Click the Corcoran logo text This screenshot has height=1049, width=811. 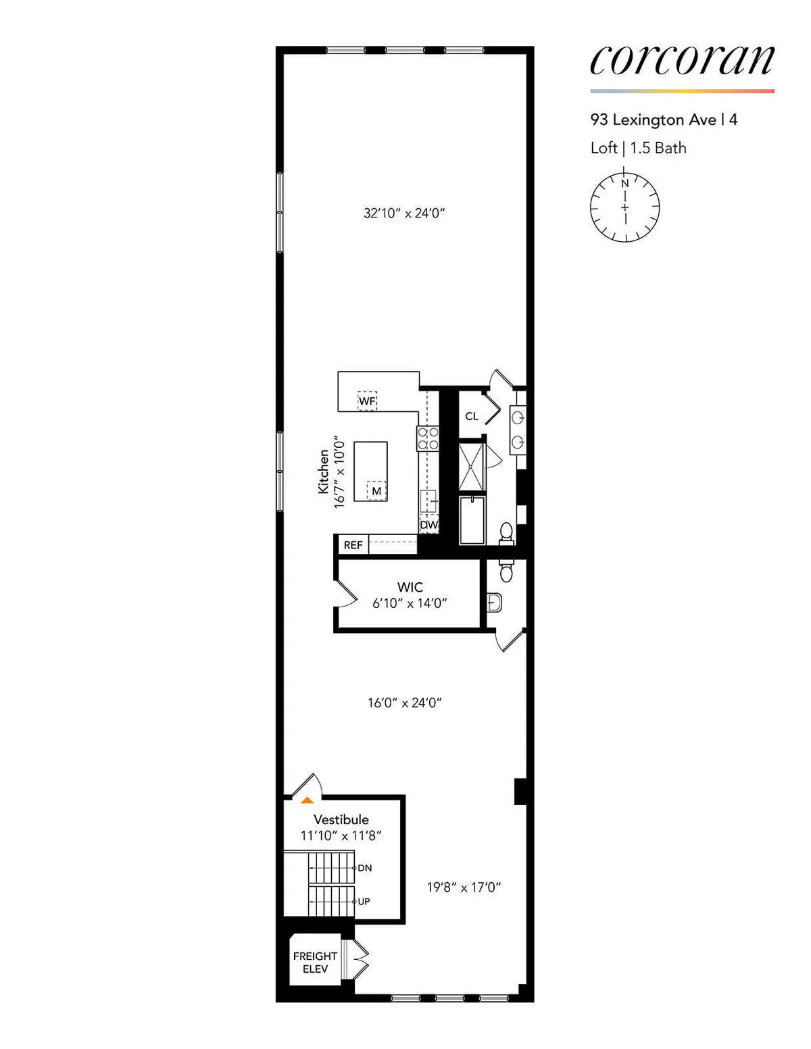[681, 61]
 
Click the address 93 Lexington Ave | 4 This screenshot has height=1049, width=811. [664, 120]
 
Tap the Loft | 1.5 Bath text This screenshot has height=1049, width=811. [638, 148]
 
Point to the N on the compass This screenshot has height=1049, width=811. [625, 183]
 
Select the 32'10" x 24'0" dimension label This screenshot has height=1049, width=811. [404, 213]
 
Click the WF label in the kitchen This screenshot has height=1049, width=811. [367, 401]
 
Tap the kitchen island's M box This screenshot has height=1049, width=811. [376, 491]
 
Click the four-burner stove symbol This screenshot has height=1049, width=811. [428, 439]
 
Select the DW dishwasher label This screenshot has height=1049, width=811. [428, 525]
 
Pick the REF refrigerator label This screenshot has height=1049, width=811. [353, 545]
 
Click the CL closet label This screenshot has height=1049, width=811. [472, 416]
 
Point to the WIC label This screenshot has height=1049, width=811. [410, 588]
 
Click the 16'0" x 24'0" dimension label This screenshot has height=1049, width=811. [404, 703]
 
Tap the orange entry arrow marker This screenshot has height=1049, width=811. [307, 800]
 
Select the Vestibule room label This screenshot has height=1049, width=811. [341, 819]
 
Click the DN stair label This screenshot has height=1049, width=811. [364, 868]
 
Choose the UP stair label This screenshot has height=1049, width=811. [364, 902]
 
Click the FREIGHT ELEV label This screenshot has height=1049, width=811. [315, 963]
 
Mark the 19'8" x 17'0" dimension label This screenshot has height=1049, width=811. [464, 888]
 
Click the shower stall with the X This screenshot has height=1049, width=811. [472, 466]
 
